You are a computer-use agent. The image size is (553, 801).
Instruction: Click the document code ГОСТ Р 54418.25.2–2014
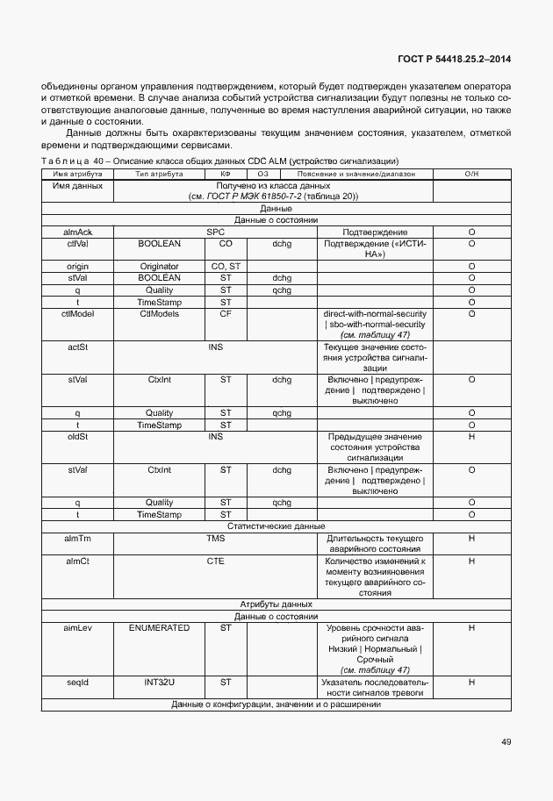(456, 59)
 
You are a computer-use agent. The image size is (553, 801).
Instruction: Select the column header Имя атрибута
(77, 175)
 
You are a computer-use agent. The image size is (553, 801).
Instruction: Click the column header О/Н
(471, 175)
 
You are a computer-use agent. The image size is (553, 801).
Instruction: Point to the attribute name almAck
(77, 232)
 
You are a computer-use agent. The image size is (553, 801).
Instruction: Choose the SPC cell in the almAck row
(215, 232)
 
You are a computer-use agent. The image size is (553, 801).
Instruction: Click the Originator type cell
(159, 266)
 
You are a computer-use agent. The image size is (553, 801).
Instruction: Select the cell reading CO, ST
(226, 266)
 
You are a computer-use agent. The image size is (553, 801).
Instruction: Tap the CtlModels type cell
(159, 312)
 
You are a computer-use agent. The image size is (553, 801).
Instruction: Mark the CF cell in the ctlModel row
(226, 312)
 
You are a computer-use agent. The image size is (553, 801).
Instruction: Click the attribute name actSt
(77, 347)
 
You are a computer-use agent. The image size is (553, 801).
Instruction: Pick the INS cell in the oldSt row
(215, 436)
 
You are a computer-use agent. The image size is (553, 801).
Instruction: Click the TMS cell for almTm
(215, 537)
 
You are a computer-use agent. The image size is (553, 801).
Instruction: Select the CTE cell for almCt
(215, 560)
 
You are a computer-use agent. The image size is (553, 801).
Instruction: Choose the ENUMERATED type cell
(159, 628)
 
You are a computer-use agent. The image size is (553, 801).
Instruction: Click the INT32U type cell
(159, 681)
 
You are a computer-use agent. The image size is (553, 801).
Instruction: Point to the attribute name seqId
(77, 681)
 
